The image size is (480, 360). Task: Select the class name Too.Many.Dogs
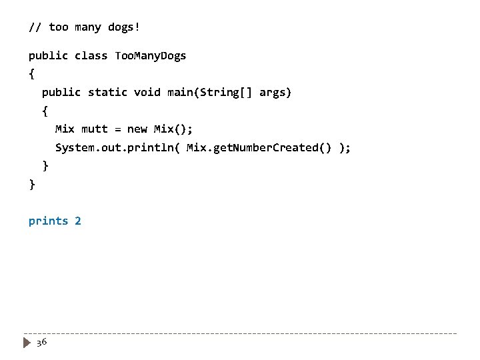coord(150,55)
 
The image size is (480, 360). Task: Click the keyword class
coord(91,55)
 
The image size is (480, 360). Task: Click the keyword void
coord(147,92)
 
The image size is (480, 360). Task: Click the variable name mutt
coord(94,129)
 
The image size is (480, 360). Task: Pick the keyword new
coord(137,129)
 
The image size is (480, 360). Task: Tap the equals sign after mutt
coord(117,129)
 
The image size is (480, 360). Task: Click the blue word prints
coord(48,221)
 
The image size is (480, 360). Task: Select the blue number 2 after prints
coord(78,221)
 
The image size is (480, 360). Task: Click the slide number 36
coord(41,343)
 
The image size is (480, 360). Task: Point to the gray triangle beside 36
coord(27,343)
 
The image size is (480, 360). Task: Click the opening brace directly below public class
coord(31,74)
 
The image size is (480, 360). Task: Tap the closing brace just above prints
coord(31,184)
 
